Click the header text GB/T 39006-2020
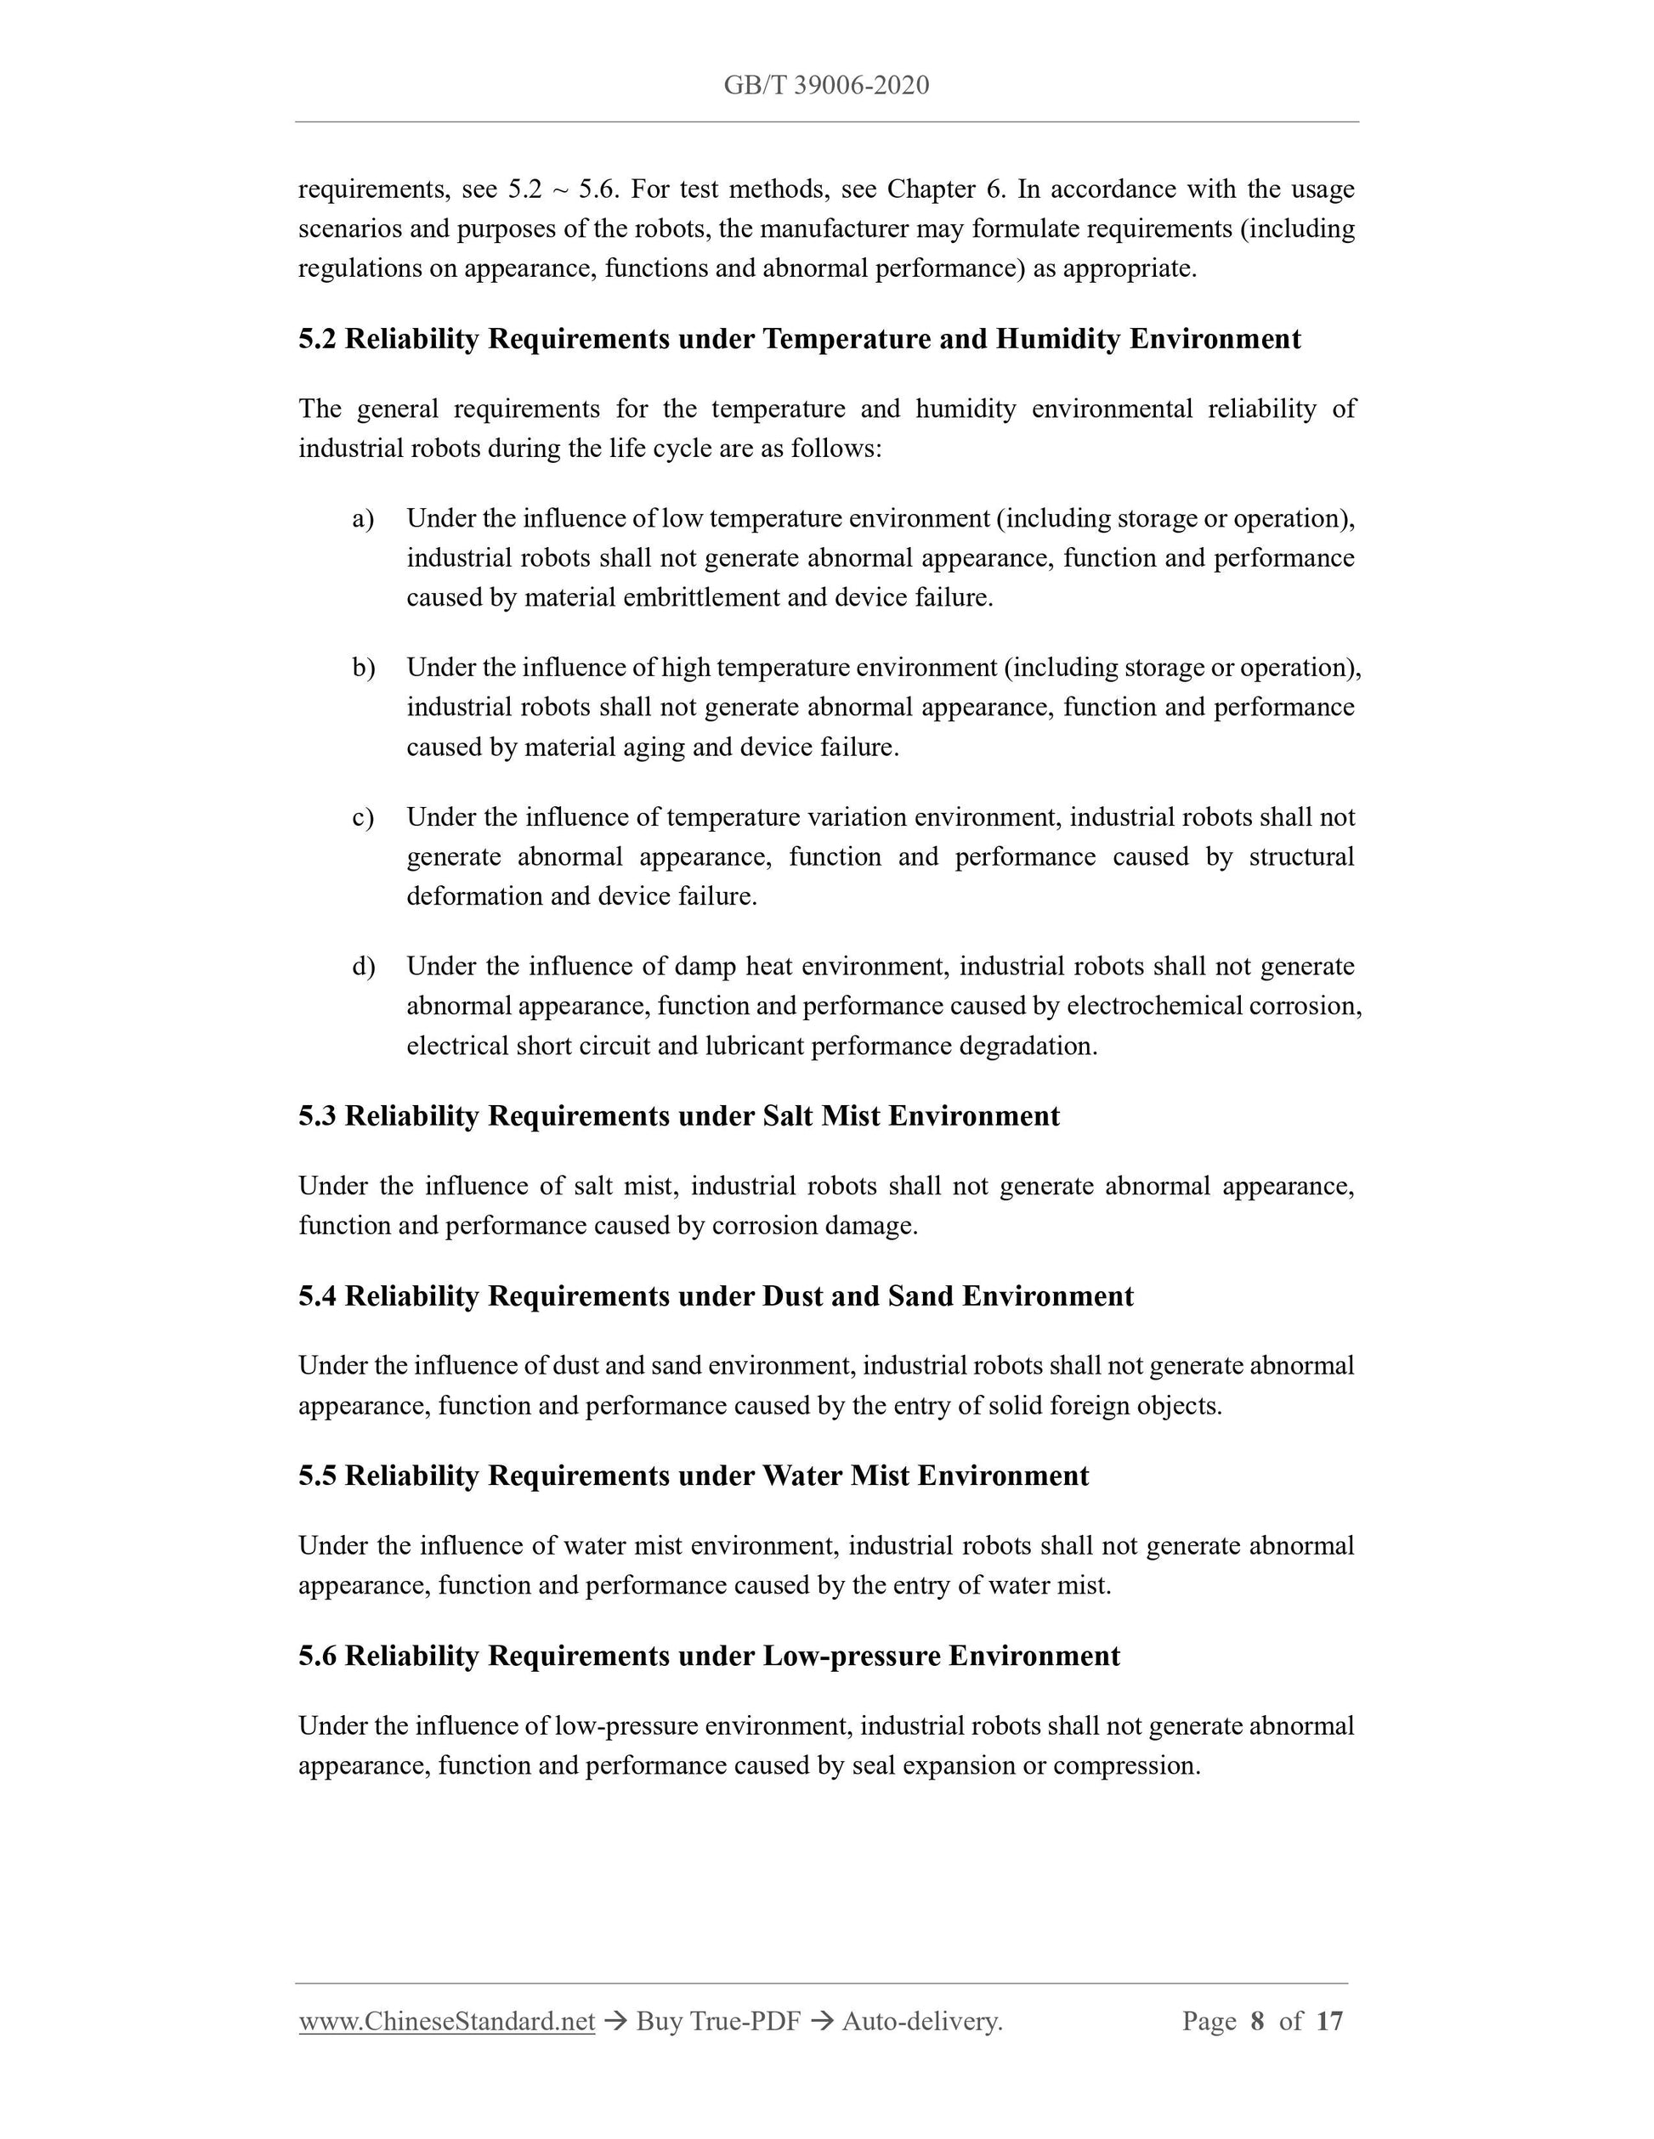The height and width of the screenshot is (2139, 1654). coord(826,86)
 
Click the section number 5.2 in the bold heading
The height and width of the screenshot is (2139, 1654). coord(318,339)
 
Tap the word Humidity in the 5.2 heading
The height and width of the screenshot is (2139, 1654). coord(1058,339)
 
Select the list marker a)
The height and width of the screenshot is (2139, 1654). coord(363,518)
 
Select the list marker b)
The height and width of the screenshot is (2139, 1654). coord(364,668)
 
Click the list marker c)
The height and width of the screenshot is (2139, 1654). coord(363,817)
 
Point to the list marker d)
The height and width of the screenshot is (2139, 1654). coord(364,967)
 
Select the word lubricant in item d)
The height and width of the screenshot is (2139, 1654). coord(754,1046)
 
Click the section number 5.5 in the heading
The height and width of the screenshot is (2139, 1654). coord(318,1476)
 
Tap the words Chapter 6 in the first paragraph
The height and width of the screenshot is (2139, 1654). coord(947,189)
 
